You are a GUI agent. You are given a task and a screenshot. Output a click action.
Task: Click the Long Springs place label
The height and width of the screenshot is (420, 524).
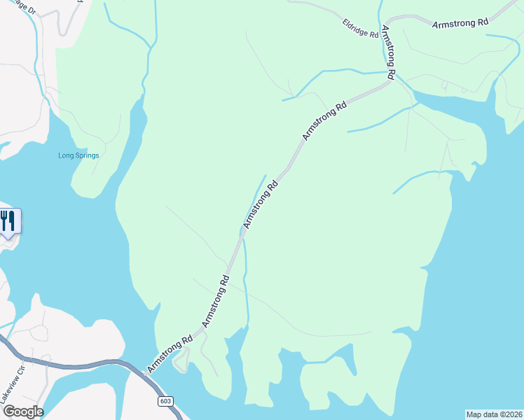pos(78,155)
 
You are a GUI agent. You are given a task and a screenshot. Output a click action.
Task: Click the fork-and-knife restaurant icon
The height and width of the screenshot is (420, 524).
pos(8,220)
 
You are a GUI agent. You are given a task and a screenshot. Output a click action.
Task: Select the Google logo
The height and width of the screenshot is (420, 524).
pos(22,412)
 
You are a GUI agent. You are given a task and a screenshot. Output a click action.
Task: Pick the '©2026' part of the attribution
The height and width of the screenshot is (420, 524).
pos(510,414)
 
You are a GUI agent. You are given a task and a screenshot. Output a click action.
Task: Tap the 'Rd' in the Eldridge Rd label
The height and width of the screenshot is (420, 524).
pos(374,34)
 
